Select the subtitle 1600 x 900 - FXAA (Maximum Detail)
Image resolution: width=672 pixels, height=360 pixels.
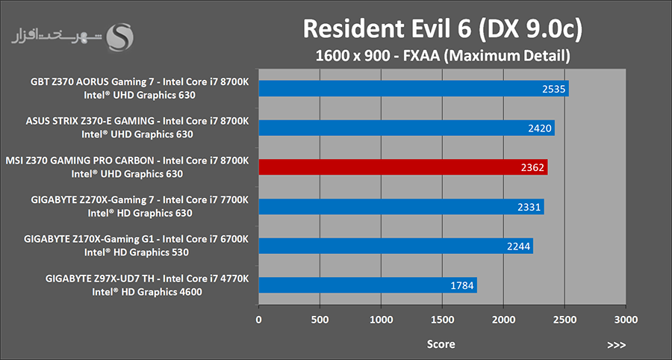click(x=442, y=55)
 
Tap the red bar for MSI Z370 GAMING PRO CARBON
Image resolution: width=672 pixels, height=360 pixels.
click(x=403, y=167)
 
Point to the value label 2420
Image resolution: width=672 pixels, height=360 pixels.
click(x=539, y=128)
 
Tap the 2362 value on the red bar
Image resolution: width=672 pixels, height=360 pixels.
click(x=533, y=167)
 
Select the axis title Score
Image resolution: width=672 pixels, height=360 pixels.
click(x=441, y=344)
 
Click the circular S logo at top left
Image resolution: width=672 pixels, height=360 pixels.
click(x=119, y=37)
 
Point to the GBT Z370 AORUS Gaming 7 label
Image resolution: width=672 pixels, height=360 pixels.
click(x=140, y=82)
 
